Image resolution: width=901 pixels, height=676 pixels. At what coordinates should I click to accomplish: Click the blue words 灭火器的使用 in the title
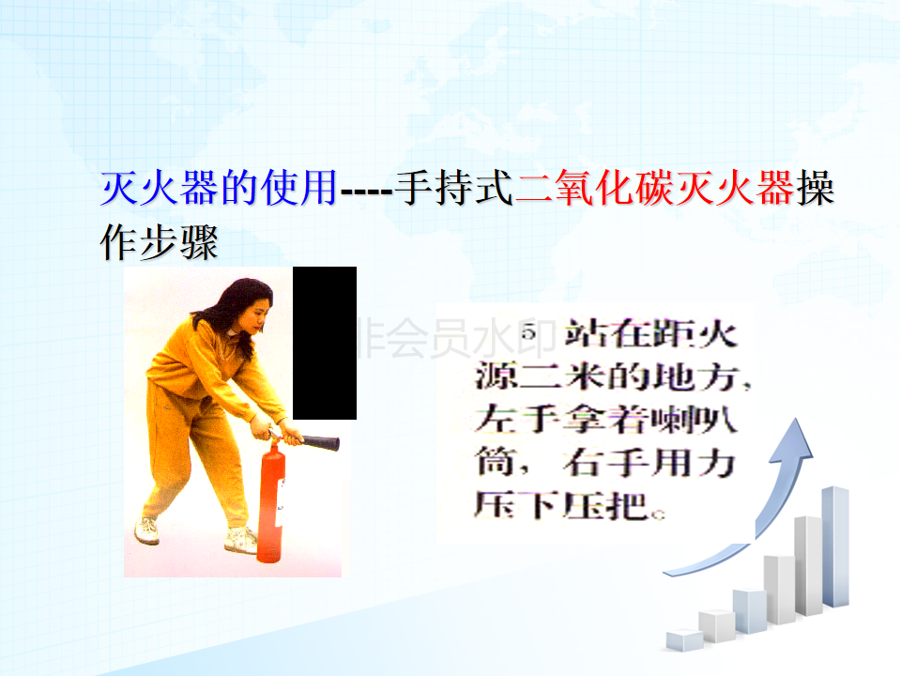tap(219, 188)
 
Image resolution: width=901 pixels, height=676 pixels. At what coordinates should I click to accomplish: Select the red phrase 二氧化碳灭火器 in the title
tap(654, 188)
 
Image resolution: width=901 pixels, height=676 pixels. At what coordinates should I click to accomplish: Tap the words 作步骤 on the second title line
tap(160, 242)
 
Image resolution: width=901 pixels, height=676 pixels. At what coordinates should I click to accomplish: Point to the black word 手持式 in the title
tap(454, 188)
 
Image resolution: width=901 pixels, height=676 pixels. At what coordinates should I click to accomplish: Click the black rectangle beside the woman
tap(325, 344)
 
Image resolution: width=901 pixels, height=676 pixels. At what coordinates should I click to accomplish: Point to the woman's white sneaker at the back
tap(147, 530)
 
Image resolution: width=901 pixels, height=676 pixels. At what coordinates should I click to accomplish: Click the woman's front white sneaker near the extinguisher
tap(241, 541)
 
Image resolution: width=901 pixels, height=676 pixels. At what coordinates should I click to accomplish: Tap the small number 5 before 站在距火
tap(529, 332)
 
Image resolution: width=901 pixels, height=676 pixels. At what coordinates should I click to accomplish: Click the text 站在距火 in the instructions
tap(650, 334)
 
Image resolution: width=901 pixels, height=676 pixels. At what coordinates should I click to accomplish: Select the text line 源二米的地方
tap(613, 377)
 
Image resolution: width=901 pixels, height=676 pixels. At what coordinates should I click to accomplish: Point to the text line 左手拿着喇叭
tap(605, 419)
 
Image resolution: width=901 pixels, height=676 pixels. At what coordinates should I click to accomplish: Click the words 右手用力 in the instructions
tap(649, 462)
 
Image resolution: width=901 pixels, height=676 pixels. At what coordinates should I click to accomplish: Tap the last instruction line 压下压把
tap(569, 505)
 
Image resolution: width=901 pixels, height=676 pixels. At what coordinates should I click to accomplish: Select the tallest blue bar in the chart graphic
tap(835, 546)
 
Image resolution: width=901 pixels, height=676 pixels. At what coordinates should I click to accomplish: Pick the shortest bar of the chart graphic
tap(684, 640)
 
